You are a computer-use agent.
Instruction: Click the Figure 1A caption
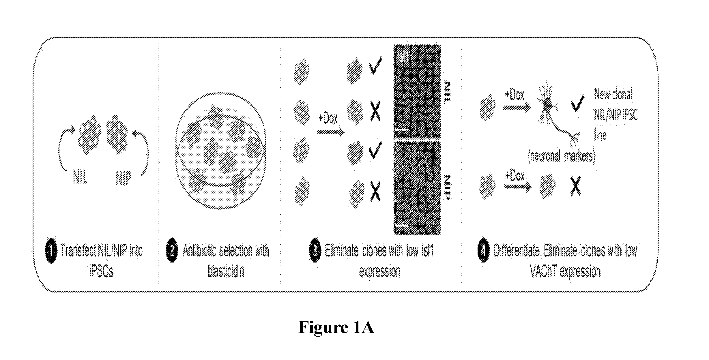(336, 327)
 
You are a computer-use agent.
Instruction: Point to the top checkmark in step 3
(375, 65)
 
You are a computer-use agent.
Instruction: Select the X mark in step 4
(575, 186)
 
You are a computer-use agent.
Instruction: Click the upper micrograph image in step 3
(417, 91)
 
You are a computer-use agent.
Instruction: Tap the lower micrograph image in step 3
(417, 187)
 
